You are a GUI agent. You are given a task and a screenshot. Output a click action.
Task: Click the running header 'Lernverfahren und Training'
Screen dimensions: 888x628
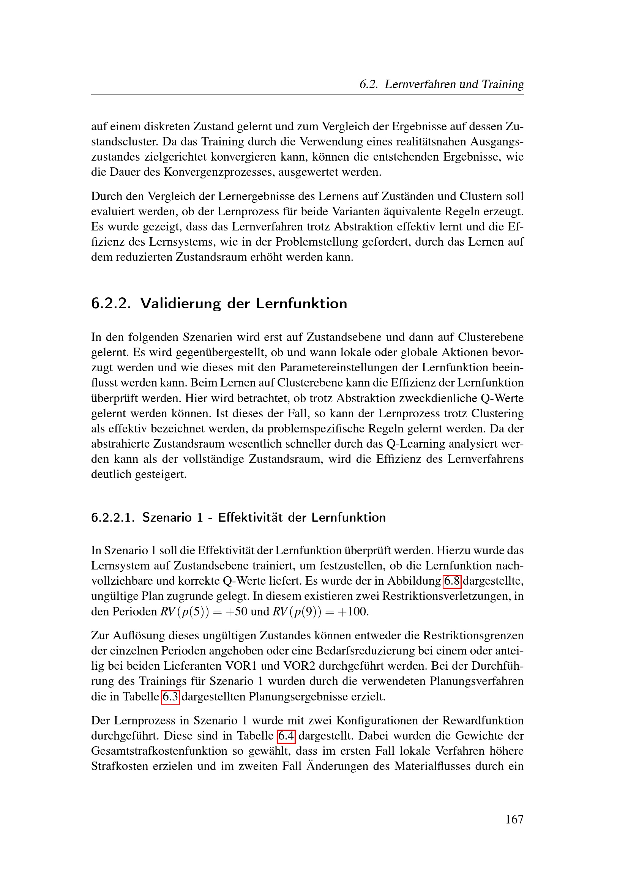click(x=454, y=84)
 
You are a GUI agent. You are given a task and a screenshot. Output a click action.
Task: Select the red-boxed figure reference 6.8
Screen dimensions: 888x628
click(x=452, y=581)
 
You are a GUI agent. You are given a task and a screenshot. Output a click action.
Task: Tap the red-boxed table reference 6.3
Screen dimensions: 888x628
click(x=170, y=697)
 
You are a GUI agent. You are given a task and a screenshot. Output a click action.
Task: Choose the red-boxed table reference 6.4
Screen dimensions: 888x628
click(x=286, y=736)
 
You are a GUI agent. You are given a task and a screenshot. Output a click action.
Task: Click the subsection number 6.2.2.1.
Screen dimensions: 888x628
click(x=113, y=517)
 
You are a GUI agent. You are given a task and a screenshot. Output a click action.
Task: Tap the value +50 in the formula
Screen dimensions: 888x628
click(x=238, y=612)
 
